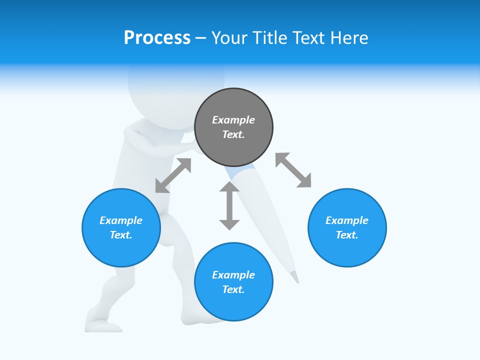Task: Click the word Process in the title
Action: tap(157, 38)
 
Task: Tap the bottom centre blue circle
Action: tap(233, 305)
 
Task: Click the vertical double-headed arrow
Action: tap(229, 205)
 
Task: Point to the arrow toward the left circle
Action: tap(173, 175)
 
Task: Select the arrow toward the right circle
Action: tap(293, 170)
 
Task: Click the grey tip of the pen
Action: tap(295, 276)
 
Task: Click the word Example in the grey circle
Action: tap(233, 120)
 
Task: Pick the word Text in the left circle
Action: tap(121, 235)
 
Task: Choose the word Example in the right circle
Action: tap(347, 220)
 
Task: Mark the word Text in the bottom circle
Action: tap(233, 289)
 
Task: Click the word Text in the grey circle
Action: tap(233, 134)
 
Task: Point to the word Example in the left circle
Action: tap(121, 220)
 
